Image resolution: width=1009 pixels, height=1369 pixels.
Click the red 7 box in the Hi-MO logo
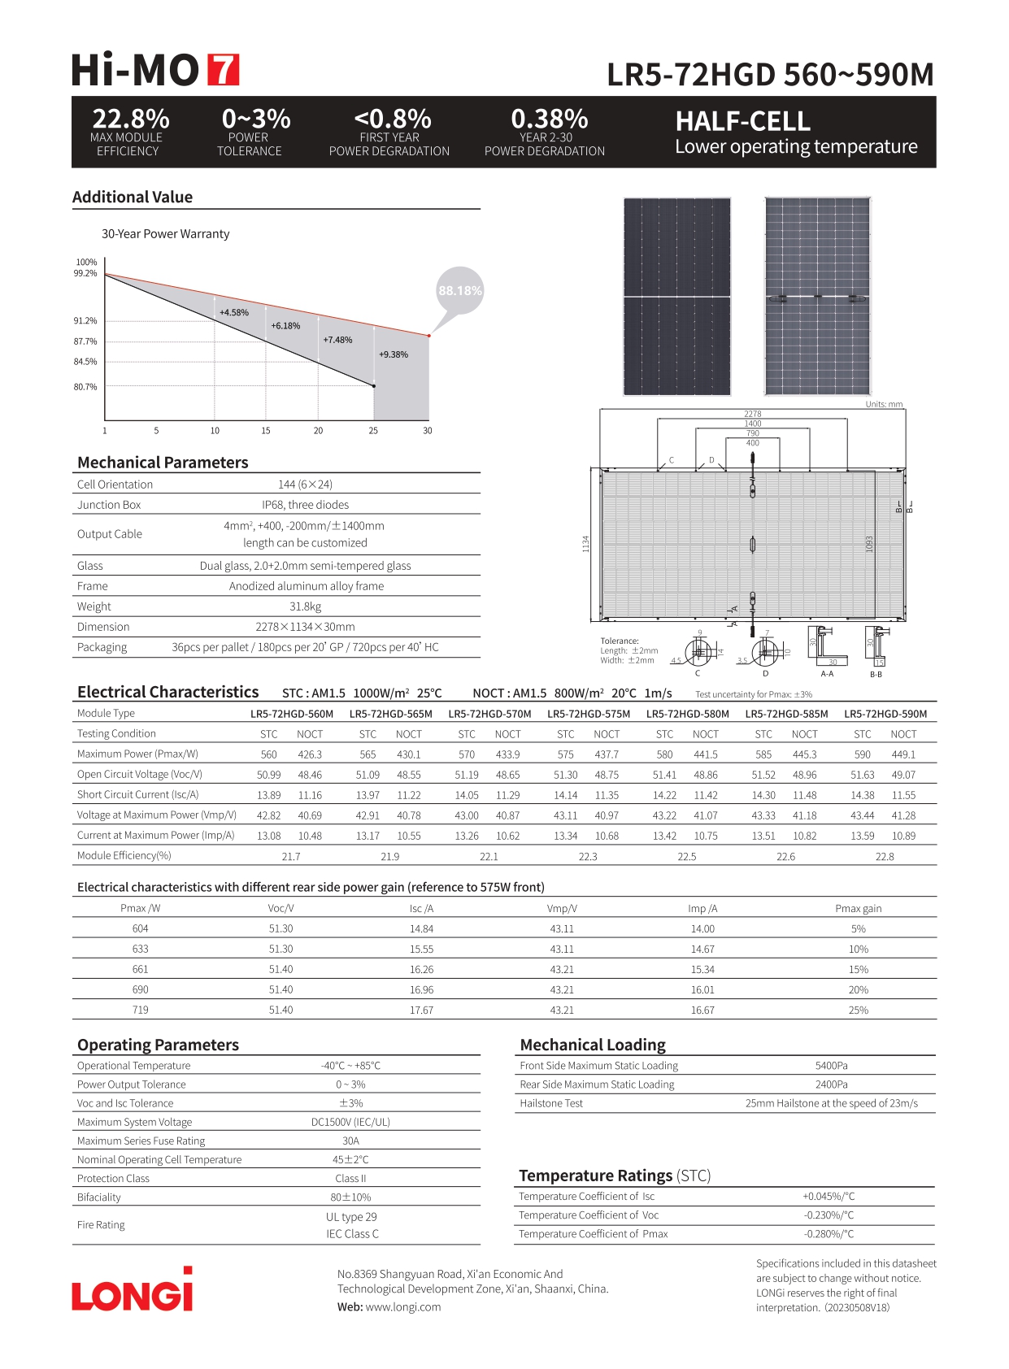coord(224,70)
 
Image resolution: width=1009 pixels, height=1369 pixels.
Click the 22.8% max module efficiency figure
coord(130,120)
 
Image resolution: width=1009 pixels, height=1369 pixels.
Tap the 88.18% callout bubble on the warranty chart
coord(460,290)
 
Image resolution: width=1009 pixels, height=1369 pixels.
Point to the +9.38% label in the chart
coord(394,354)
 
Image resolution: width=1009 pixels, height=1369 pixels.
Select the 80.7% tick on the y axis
coord(85,387)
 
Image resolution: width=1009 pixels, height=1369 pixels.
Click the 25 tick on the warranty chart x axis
coord(373,431)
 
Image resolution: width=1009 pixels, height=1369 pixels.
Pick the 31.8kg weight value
coord(306,606)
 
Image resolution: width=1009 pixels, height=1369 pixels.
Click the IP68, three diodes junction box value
coord(306,505)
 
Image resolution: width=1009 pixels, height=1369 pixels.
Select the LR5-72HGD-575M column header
coord(589,714)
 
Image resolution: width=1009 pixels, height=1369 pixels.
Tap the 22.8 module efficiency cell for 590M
coord(885,856)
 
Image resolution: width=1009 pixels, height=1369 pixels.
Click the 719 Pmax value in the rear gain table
coord(141,1010)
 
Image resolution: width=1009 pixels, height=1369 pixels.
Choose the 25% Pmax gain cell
coord(859,1010)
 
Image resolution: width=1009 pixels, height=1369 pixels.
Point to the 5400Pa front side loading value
coord(832,1066)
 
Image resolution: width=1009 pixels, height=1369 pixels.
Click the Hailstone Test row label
coord(551,1103)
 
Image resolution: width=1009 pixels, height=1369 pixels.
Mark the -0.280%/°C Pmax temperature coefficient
coord(829,1234)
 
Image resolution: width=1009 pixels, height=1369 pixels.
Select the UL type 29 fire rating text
coord(351,1217)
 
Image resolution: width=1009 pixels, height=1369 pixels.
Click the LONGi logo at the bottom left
coord(133,1292)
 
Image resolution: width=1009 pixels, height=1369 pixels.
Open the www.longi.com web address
coord(403,1307)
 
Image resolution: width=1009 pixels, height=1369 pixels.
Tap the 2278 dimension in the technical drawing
coord(753,414)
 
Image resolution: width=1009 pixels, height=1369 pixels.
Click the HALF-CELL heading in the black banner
coord(743,122)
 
